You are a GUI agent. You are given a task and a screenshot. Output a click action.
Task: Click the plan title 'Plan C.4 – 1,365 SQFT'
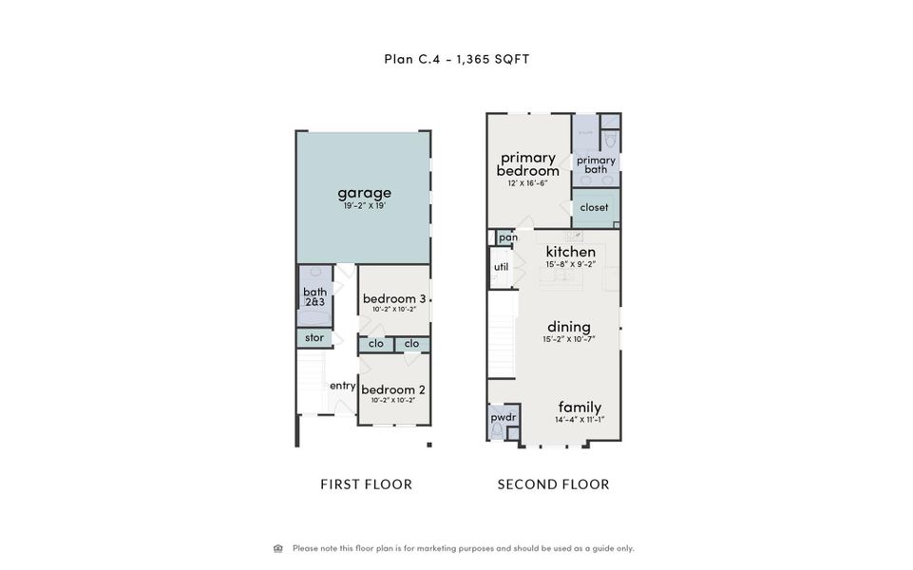[x=456, y=59]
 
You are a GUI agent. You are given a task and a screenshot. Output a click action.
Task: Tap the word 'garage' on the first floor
[x=364, y=193]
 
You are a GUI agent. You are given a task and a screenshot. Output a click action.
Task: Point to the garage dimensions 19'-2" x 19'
[x=364, y=206]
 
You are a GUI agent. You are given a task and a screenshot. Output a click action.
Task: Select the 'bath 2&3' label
[x=314, y=296]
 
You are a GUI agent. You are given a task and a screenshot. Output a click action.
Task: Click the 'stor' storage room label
[x=314, y=337]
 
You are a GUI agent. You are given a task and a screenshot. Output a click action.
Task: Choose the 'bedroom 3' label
[x=394, y=298]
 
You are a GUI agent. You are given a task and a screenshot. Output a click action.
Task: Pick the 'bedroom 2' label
[x=393, y=389]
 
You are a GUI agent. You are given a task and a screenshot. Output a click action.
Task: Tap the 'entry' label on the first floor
[x=342, y=386]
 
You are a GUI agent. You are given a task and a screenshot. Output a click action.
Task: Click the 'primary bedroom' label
[x=527, y=163]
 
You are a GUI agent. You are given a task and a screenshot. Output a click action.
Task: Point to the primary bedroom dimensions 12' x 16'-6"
[x=527, y=182]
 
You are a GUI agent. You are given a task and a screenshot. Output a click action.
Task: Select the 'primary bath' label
[x=596, y=164]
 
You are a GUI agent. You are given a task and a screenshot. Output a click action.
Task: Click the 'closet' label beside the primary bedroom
[x=594, y=207]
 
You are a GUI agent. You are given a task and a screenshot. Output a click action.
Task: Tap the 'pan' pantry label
[x=507, y=237]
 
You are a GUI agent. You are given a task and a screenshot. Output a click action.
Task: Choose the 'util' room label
[x=501, y=267]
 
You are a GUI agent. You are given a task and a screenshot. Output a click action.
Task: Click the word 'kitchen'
[x=570, y=252]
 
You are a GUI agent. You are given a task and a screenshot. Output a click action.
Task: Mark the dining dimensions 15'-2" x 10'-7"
[x=568, y=339]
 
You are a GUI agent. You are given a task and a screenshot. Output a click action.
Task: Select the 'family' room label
[x=580, y=407]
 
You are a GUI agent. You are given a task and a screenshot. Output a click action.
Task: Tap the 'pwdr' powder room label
[x=503, y=416]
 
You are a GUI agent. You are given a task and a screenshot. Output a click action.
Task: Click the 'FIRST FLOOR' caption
[x=366, y=484]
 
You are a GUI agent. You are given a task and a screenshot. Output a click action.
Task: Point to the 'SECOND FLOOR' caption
[x=553, y=484]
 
